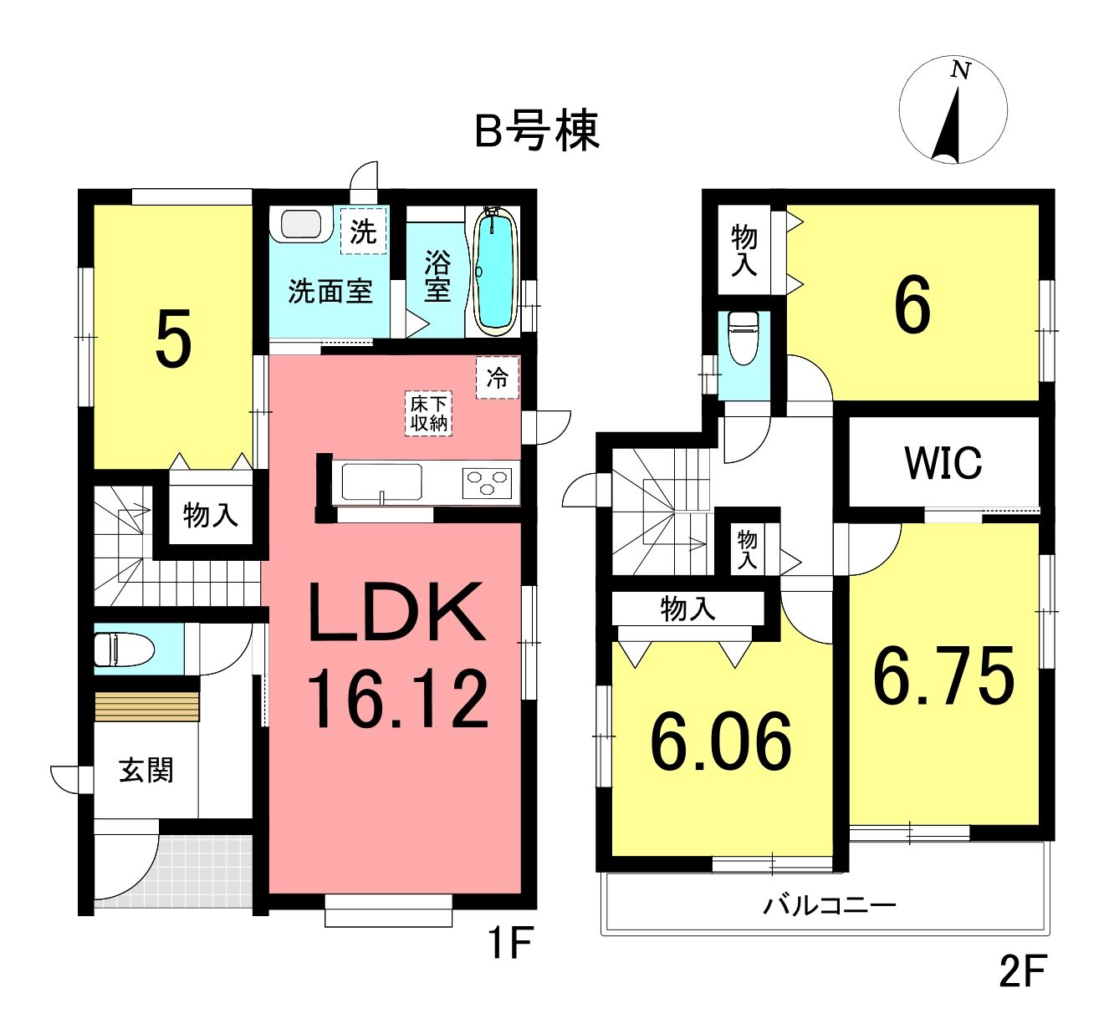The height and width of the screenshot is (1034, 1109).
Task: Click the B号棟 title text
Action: click(x=537, y=132)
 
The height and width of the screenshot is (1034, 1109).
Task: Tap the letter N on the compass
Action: click(x=960, y=70)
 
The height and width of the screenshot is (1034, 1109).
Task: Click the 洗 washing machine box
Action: click(x=364, y=232)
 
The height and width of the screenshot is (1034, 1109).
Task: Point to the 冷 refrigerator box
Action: click(x=498, y=378)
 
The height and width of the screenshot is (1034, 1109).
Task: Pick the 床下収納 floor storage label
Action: click(x=428, y=414)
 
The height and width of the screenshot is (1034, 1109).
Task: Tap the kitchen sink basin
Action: click(x=381, y=482)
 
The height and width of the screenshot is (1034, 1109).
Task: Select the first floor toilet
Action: click(x=124, y=649)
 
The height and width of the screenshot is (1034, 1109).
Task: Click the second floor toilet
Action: click(x=744, y=338)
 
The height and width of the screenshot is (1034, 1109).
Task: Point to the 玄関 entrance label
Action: click(x=146, y=770)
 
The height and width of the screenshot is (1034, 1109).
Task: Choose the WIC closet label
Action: click(x=943, y=463)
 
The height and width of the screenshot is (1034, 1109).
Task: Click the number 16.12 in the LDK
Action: click(x=398, y=699)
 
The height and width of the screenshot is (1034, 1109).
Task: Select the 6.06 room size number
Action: click(x=721, y=741)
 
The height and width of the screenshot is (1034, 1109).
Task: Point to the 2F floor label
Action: click(x=1021, y=985)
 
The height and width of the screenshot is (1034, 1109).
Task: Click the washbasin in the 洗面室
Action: click(x=302, y=225)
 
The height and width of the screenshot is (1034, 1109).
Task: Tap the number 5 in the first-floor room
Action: click(x=174, y=339)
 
